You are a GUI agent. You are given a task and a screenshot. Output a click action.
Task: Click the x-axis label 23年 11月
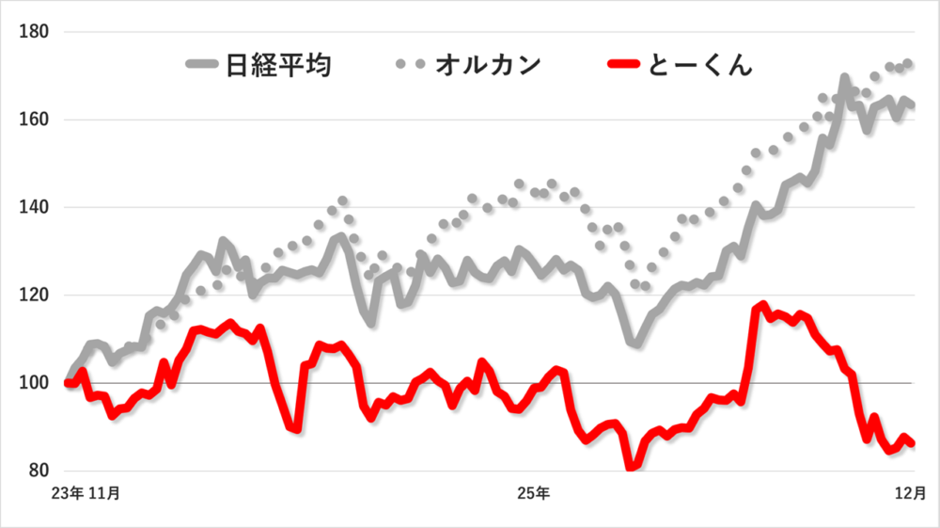pyautogui.click(x=90, y=492)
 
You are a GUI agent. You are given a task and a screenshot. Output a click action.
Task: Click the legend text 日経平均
pyautogui.click(x=278, y=66)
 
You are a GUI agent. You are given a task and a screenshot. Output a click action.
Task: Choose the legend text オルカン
pyautogui.click(x=488, y=66)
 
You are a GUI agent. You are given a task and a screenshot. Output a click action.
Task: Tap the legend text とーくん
pyautogui.click(x=700, y=66)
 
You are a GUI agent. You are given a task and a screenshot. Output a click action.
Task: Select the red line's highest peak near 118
pyautogui.click(x=762, y=306)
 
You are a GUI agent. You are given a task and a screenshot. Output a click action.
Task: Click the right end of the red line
pyautogui.click(x=912, y=443)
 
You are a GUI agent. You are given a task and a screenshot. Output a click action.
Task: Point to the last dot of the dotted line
pyautogui.click(x=909, y=64)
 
